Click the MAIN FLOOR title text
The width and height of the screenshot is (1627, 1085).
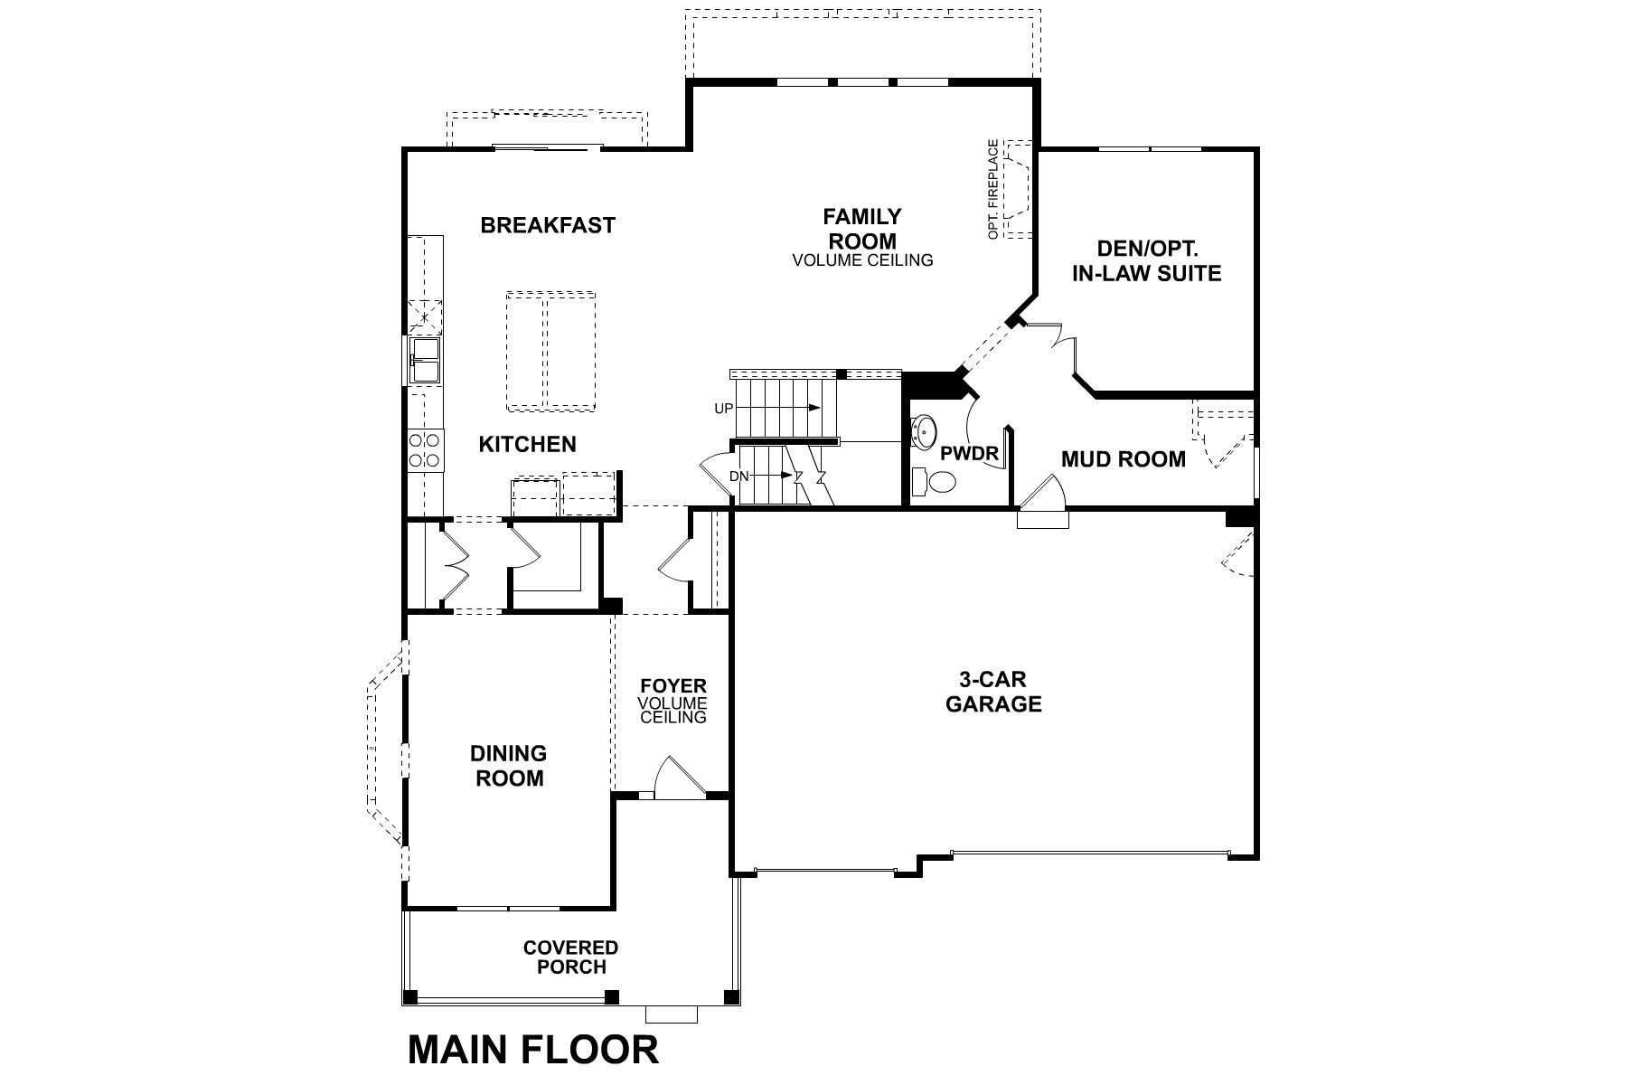point(533,1050)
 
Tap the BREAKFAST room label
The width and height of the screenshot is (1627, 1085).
point(548,225)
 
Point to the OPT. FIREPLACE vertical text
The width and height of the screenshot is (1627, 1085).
point(993,189)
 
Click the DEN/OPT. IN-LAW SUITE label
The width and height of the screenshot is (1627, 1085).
point(1146,260)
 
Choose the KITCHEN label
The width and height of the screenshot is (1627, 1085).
point(527,444)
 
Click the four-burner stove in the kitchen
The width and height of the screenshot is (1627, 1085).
point(425,450)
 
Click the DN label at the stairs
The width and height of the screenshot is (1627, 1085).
point(738,476)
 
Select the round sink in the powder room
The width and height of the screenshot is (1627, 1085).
point(926,431)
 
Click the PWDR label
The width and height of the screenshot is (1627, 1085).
point(969,454)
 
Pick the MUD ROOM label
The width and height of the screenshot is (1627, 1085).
point(1123,459)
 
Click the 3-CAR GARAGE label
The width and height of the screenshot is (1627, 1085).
point(993,692)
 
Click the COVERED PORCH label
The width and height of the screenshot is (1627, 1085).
point(570,957)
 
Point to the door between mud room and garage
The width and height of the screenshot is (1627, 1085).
point(1042,506)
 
